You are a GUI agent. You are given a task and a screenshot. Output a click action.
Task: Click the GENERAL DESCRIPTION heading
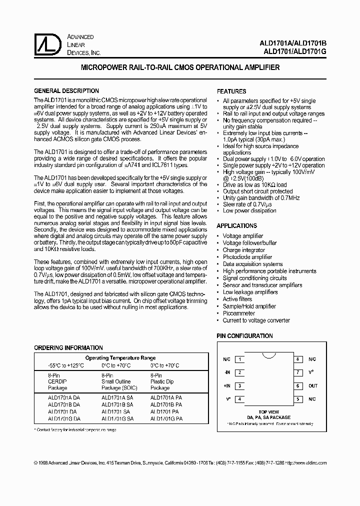66,91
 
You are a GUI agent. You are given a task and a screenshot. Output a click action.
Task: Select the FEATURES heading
231,91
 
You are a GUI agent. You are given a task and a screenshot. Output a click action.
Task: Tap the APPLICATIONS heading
236,226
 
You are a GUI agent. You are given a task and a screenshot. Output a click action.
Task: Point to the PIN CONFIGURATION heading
244,336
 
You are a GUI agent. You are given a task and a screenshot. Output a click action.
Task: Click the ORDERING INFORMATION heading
68,347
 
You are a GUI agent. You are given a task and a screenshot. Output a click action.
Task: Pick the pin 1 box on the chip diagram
240,359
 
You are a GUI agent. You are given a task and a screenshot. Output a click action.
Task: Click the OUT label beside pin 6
313,386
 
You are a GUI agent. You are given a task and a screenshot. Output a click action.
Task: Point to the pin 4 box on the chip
240,399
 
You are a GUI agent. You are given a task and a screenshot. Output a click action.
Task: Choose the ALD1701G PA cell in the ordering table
166,418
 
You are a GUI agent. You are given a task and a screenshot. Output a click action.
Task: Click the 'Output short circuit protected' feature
257,191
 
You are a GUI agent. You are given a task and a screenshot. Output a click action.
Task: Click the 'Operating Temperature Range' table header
120,358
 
